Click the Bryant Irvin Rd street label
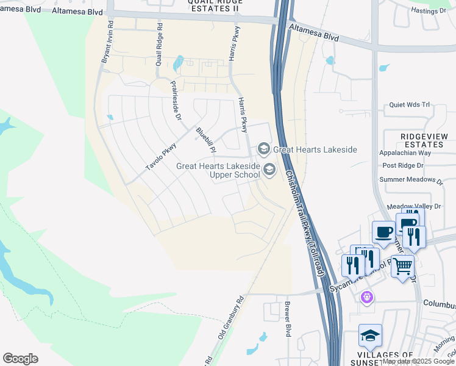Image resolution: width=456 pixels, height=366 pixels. (x=107, y=44)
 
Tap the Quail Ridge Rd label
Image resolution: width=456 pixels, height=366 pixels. (x=159, y=45)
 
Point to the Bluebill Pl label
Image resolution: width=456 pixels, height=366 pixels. (x=205, y=140)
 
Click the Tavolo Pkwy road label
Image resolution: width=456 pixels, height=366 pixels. (x=160, y=157)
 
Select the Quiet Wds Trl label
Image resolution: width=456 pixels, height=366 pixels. (x=409, y=105)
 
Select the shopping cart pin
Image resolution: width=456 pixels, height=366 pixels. (x=402, y=265)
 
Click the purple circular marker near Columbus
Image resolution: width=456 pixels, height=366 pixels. (x=366, y=298)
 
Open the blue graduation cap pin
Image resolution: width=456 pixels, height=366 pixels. (x=370, y=336)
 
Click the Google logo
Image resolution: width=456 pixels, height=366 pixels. (x=20, y=359)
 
